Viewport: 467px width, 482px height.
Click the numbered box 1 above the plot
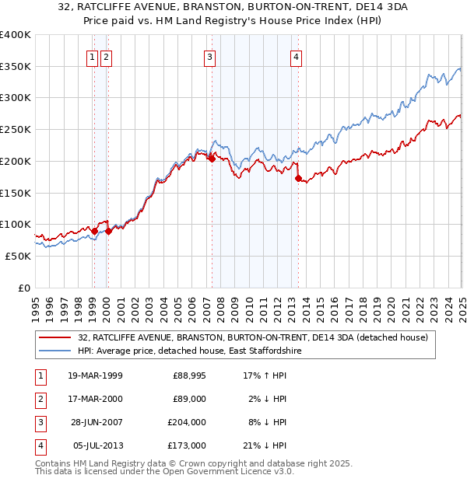pyautogui.click(x=93, y=56)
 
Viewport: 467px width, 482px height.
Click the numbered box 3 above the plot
pyautogui.click(x=210, y=56)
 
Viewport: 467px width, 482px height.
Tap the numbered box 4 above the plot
pyautogui.click(x=297, y=56)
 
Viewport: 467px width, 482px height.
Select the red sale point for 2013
pyautogui.click(x=298, y=178)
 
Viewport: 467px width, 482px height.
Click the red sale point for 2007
pyautogui.click(x=212, y=159)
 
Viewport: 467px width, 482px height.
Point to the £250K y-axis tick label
pyautogui.click(x=16, y=129)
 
